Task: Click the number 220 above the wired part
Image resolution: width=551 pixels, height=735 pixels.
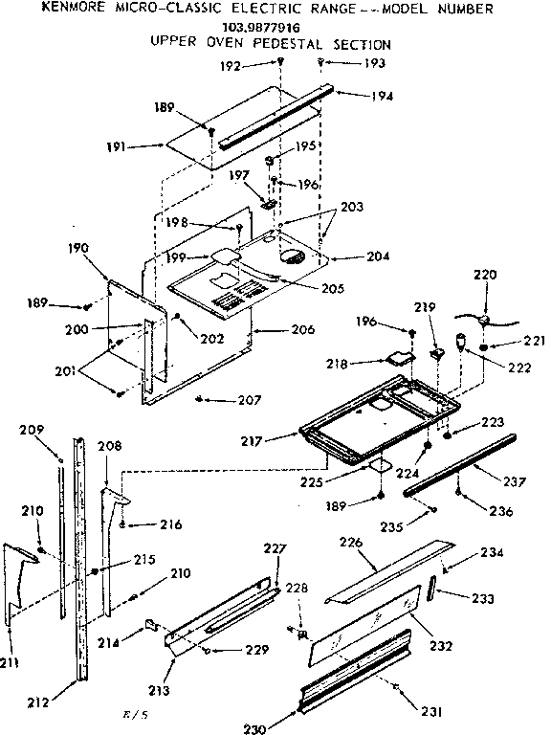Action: [x=486, y=275]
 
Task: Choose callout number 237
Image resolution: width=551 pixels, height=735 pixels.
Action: [x=514, y=482]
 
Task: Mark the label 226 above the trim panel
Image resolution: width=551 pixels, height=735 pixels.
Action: [x=352, y=543]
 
